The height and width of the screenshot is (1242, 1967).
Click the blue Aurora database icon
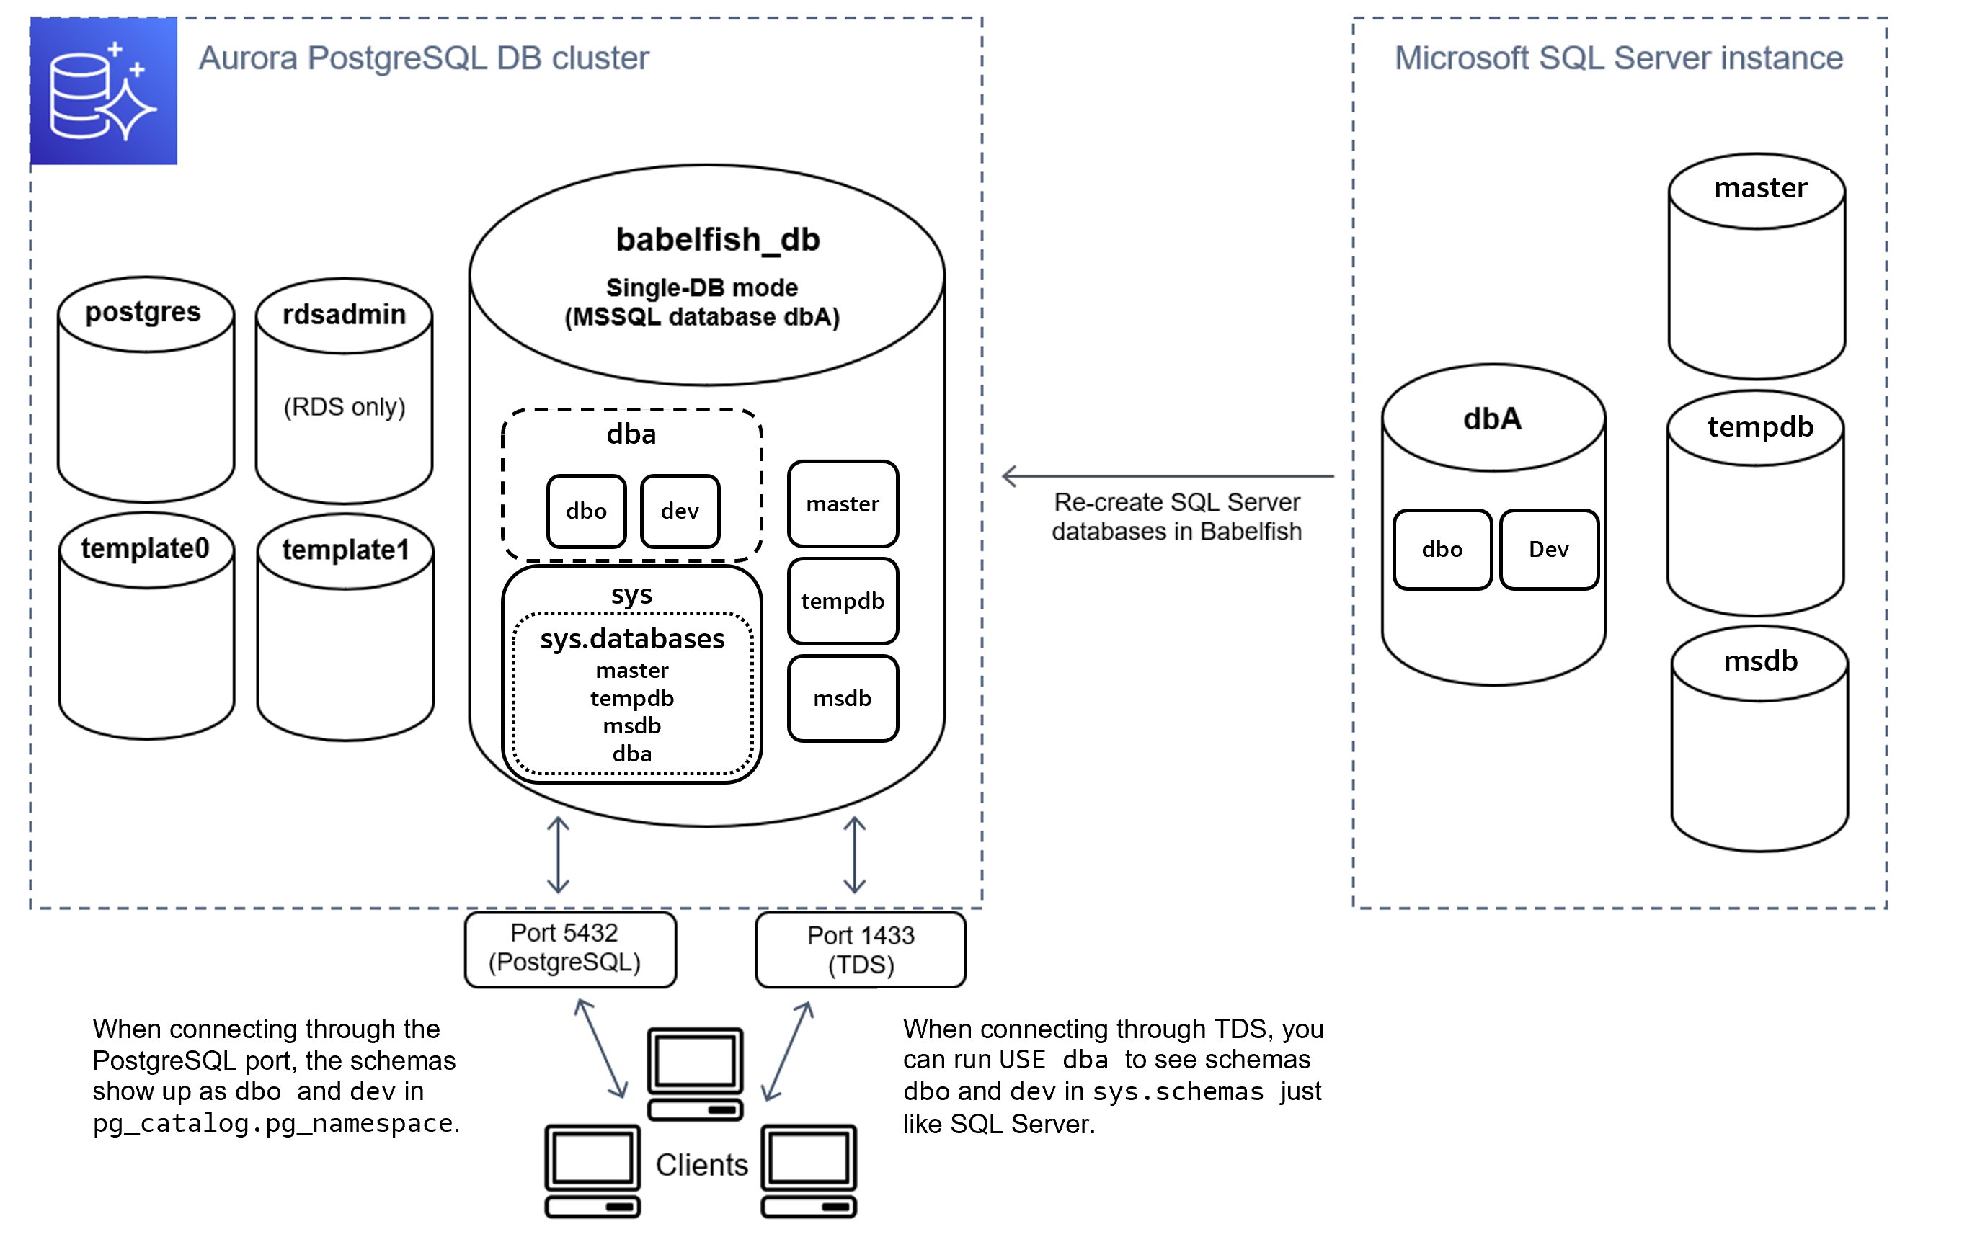click(104, 91)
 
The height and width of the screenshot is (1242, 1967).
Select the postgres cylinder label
click(143, 312)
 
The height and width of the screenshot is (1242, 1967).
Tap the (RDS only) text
click(344, 406)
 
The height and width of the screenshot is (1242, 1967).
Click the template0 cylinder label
click(146, 548)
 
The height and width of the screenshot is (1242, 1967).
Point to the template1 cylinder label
click(345, 550)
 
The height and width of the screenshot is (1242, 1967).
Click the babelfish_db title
click(717, 239)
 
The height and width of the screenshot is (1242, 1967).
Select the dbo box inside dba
click(587, 511)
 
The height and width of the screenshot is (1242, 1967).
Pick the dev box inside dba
click(680, 511)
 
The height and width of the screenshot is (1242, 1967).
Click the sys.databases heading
click(631, 638)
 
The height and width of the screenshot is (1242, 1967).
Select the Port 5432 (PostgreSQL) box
click(569, 948)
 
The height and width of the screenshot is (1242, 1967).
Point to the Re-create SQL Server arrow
click(1168, 476)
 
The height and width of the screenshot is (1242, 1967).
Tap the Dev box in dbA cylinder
click(1549, 550)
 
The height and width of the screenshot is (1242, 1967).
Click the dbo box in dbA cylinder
click(1442, 550)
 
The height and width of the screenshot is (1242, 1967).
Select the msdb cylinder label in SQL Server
click(1760, 661)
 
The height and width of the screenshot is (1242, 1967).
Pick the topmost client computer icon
click(695, 1072)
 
